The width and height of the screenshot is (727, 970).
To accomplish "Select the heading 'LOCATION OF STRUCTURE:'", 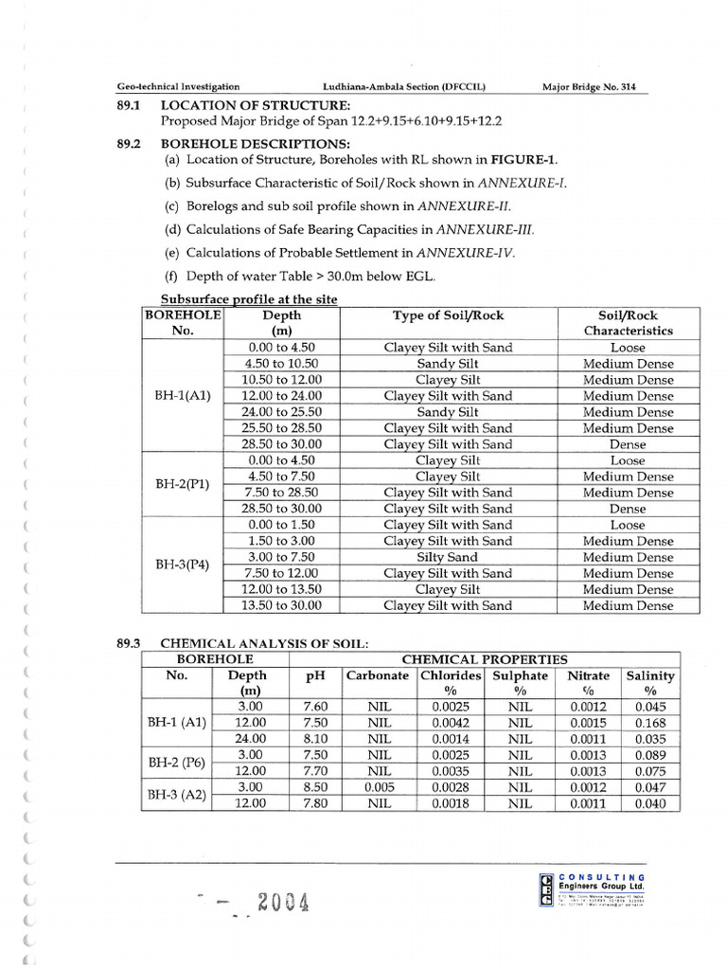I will (255, 105).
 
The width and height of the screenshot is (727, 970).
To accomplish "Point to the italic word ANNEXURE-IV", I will (473, 253).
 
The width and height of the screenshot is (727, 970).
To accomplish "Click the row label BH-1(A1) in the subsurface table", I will (182, 396).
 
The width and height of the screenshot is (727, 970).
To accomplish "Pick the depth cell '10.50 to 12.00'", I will (281, 380).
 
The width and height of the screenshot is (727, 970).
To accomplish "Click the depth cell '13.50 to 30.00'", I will (281, 605).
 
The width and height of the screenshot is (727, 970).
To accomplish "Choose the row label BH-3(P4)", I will (182, 566).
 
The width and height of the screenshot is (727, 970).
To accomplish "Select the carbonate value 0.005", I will (379, 787).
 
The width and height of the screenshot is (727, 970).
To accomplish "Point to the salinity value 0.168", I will (650, 723).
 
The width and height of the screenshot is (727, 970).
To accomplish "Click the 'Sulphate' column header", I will (520, 675).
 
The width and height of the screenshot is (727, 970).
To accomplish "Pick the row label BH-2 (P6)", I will (176, 763).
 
